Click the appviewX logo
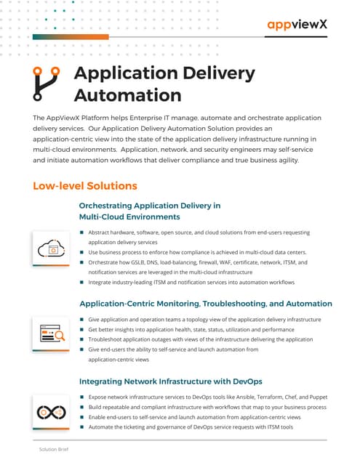pos(297,25)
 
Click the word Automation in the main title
pos(127,94)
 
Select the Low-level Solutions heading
pos(85,186)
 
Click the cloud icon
pos(52,248)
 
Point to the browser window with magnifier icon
pos(52,333)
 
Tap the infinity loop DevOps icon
pos(52,411)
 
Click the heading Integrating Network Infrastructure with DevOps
pos(170,381)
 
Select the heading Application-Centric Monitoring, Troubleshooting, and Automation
pos(206,303)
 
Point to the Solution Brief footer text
pos(54,450)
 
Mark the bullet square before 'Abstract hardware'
pos(82,232)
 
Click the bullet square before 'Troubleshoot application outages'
pos(82,339)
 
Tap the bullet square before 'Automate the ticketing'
pos(82,427)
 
